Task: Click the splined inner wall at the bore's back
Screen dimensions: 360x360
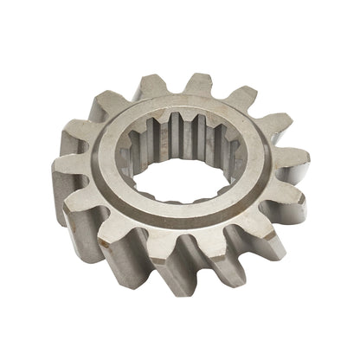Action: point(182,138)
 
